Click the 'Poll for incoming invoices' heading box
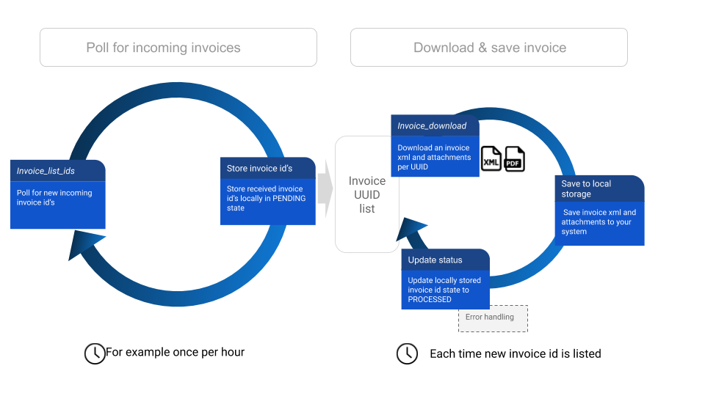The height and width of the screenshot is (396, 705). [178, 48]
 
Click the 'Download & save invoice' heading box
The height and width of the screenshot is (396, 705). [489, 48]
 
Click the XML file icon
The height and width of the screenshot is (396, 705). [491, 159]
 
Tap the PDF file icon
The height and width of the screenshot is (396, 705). [515, 159]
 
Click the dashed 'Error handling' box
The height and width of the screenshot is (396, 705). [493, 318]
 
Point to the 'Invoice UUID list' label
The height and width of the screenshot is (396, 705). [367, 194]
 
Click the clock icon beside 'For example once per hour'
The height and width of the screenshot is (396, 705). [95, 353]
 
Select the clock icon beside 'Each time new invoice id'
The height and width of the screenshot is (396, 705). [407, 353]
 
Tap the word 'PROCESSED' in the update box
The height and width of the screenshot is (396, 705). [430, 299]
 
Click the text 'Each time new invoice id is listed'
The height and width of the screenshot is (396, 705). [516, 353]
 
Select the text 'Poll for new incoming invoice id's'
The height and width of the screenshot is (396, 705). [54, 197]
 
